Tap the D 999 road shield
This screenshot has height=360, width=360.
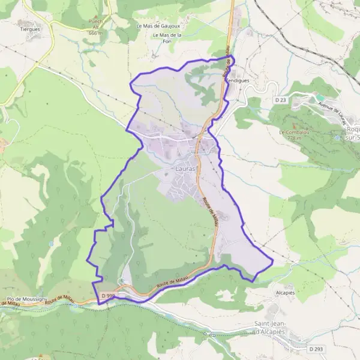[x=108, y=296]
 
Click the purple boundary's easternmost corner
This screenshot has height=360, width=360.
[x=273, y=261]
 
